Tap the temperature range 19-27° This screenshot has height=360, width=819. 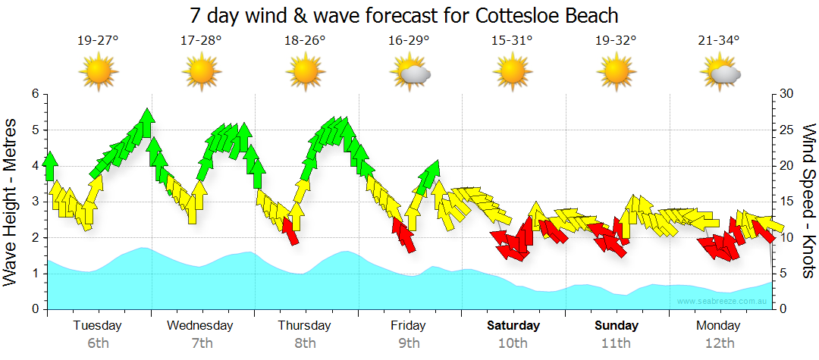(x=98, y=41)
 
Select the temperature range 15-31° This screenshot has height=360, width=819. (x=512, y=41)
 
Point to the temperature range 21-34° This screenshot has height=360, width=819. (x=720, y=41)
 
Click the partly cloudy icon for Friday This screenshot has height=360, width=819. (x=410, y=73)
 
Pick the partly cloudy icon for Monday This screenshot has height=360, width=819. (x=721, y=73)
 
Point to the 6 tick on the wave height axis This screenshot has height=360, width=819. (x=34, y=94)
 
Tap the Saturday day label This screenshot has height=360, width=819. (x=513, y=326)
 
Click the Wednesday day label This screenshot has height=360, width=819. (x=200, y=326)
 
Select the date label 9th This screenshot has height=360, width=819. (x=409, y=343)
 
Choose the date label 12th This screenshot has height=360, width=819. (x=720, y=343)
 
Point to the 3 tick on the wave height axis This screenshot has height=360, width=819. (x=34, y=202)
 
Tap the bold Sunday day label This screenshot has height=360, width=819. (x=616, y=326)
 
